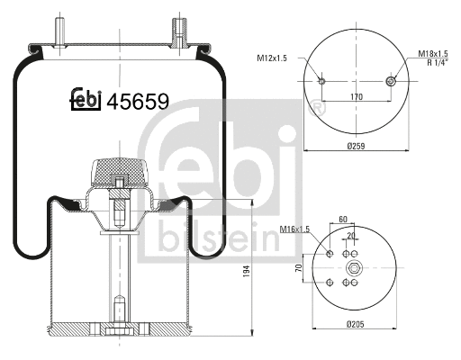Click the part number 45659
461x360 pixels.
click(137, 101)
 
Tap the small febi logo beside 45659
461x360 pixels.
click(85, 100)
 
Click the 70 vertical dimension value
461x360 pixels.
click(298, 268)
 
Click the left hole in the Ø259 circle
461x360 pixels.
click(321, 82)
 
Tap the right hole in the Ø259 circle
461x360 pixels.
click(390, 82)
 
